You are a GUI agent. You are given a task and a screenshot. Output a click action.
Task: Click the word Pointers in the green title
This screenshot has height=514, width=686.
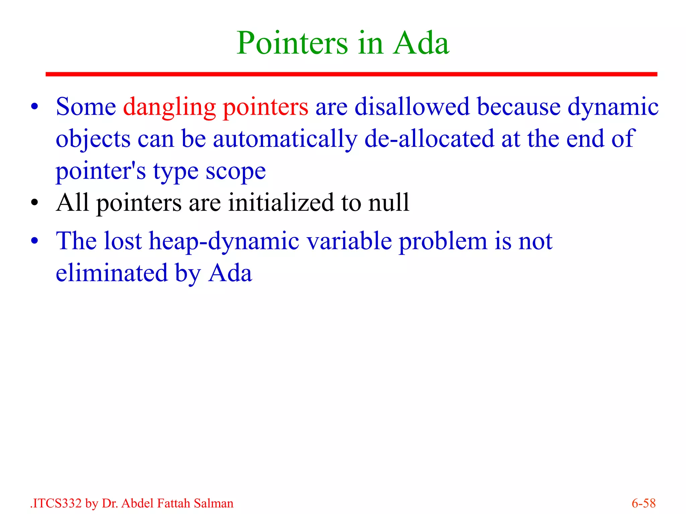coord(292,44)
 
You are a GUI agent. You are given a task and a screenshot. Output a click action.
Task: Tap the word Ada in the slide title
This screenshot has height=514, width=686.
coord(421,44)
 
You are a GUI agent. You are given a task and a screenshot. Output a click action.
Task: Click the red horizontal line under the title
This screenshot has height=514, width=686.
coord(351,74)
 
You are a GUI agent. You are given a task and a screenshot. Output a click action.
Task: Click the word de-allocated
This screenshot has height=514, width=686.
coord(429,139)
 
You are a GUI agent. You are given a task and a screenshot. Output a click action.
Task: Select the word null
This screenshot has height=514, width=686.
coord(389,203)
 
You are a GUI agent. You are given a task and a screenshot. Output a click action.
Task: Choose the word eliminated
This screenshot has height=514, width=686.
coord(112,273)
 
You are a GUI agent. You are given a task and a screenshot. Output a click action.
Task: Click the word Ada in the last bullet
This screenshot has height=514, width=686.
coord(230,273)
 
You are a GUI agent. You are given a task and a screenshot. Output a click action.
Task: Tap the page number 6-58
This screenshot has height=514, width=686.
coord(643,503)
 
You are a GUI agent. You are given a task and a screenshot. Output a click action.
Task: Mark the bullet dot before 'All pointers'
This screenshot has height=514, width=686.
coord(35,203)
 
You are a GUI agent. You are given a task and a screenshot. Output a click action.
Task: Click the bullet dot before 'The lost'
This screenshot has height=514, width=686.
coord(35,241)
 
